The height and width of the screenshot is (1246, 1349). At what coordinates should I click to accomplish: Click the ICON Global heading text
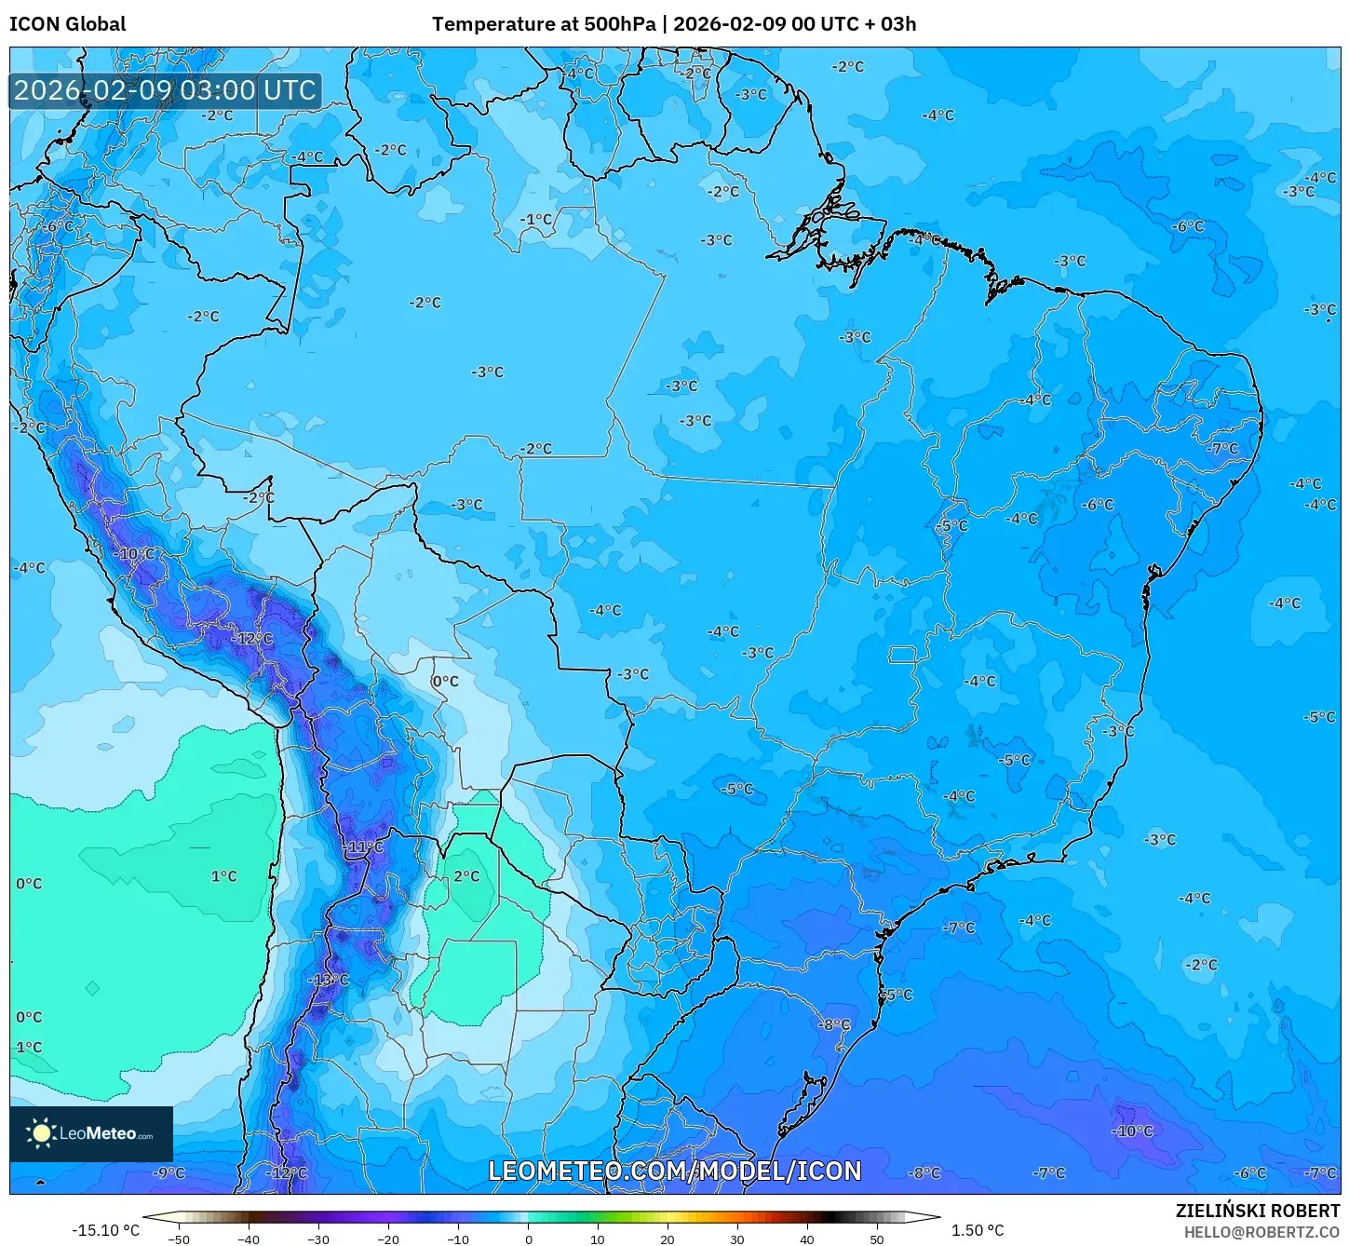(67, 24)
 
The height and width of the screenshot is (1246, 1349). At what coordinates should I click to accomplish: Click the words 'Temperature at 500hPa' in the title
(543, 24)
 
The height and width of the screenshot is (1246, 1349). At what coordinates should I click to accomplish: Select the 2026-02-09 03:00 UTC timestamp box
(166, 90)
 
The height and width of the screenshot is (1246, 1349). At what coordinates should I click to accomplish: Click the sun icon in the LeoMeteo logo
(41, 1133)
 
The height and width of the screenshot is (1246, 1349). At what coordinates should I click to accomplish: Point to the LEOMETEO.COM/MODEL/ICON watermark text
(675, 1171)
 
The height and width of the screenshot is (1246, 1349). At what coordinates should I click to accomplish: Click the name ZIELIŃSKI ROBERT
(1257, 1211)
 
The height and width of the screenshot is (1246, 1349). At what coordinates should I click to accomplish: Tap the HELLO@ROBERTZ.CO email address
(1261, 1231)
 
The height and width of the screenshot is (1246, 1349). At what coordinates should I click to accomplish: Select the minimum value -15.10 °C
(105, 1230)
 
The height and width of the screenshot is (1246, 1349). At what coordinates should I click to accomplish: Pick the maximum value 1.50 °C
(978, 1230)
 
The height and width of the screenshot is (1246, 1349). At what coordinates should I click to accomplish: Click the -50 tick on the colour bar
(179, 1239)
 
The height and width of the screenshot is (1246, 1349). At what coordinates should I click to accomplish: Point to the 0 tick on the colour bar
(528, 1239)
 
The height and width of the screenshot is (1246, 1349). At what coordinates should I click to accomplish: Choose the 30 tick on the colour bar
(737, 1239)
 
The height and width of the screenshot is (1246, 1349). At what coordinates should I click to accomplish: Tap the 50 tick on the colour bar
(877, 1239)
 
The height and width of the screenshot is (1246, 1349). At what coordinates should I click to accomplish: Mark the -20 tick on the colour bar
(388, 1239)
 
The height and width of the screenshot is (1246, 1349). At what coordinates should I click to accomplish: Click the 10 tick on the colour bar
(598, 1239)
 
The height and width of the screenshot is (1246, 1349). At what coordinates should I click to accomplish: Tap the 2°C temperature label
(466, 876)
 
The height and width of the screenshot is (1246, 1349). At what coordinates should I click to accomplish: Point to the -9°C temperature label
(169, 1173)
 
